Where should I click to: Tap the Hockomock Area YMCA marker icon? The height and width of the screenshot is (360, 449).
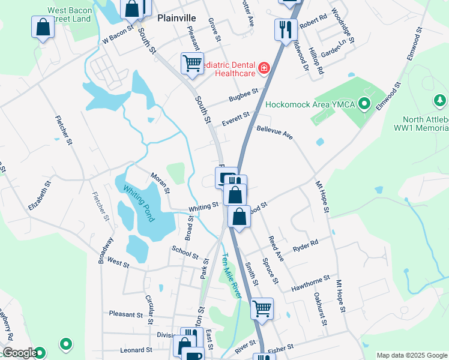(x=364, y=104)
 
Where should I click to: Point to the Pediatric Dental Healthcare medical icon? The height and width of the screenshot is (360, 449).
(x=264, y=69)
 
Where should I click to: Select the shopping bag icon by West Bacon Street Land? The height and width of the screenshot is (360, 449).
(x=43, y=26)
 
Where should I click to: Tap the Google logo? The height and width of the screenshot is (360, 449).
(x=20, y=353)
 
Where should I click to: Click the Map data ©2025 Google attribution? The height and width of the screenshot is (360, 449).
(x=412, y=355)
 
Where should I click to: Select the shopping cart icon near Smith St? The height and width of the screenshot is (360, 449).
(x=262, y=308)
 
